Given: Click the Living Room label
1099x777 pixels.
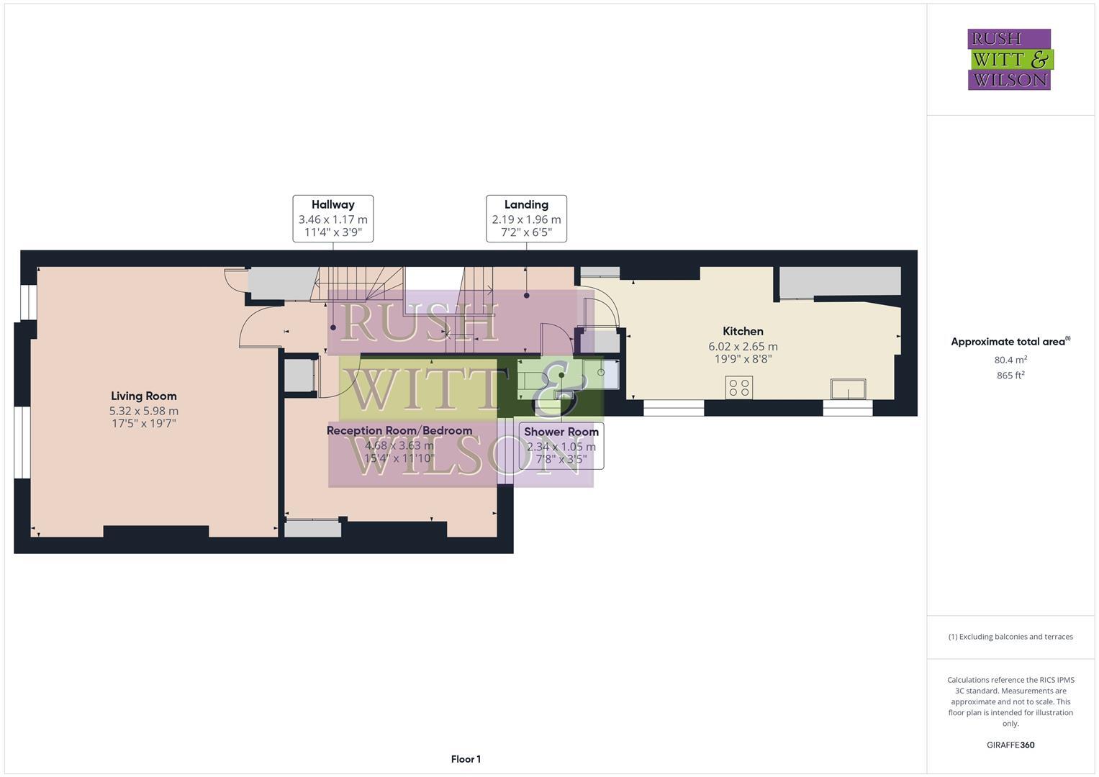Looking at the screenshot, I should point(143,396).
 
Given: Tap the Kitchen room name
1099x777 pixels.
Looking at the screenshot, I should point(743,331).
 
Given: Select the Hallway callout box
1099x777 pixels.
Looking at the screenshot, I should point(333,218).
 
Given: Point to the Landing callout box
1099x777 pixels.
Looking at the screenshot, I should point(526,218).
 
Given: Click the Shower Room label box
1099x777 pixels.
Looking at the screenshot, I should point(561,445).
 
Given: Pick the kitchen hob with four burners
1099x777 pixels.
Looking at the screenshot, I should point(739,388).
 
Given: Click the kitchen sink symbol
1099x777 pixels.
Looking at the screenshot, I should point(848,389).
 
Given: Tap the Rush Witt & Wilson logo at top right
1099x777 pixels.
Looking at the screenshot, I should point(1009,59).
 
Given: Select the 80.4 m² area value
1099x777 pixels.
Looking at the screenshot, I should point(1010,360).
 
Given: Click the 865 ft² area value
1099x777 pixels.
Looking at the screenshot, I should point(1010,375).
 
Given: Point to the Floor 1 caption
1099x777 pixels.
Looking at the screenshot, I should point(466,759).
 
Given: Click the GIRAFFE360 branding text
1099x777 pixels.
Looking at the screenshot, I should point(1010,745).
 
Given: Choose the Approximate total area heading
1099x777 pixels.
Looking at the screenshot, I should point(1010,342).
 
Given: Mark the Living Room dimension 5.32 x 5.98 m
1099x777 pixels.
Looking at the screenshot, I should point(144,411).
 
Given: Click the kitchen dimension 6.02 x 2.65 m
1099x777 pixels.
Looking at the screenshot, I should point(743,346).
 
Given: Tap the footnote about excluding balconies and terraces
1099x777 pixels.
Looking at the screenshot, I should point(1010,637).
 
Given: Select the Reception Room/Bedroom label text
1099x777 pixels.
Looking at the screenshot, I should point(399,430).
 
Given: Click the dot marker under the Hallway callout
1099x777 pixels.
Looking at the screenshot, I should point(333,327).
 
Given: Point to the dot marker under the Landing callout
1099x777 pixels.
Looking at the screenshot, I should point(527,295).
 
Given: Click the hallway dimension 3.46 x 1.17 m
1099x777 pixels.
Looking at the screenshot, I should point(333,219).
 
